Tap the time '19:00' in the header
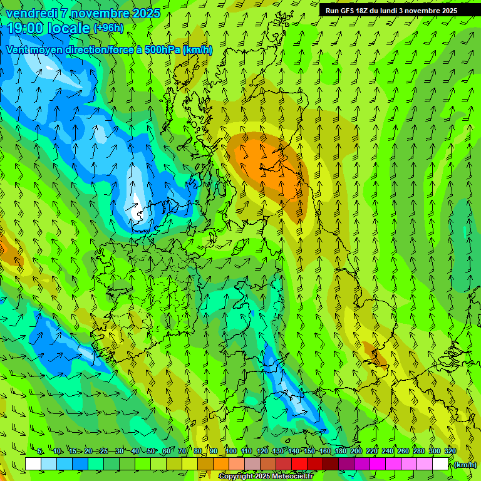26,28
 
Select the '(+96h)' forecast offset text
108,28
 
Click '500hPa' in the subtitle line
163,49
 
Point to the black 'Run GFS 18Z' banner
398,10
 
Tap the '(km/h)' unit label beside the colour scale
465,465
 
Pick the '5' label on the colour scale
41,451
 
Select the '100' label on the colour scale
231,451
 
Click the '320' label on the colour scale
450,451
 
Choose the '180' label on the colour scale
341,451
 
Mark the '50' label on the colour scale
151,451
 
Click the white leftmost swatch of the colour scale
33,463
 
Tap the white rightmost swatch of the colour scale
440,463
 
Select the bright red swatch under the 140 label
299,463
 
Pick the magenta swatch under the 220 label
378,463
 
